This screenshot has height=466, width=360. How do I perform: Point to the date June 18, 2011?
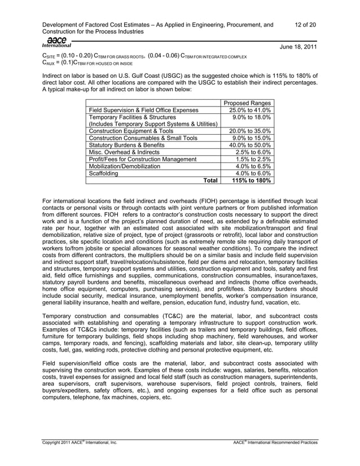pyautogui.click(x=298, y=49)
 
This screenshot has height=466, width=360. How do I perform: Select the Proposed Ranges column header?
pyautogui.click(x=248, y=103)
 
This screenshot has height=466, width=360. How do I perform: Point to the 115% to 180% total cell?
pyautogui.click(x=248, y=181)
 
